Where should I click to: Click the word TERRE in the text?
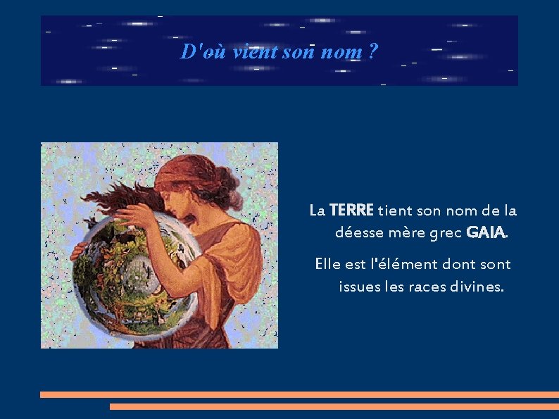point(351,210)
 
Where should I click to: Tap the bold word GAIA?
point(486,232)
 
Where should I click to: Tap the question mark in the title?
point(373,51)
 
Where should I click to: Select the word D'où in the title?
point(196,51)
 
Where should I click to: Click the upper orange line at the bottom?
point(299,394)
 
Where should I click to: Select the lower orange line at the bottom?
point(334,406)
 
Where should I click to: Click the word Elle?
point(328,265)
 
